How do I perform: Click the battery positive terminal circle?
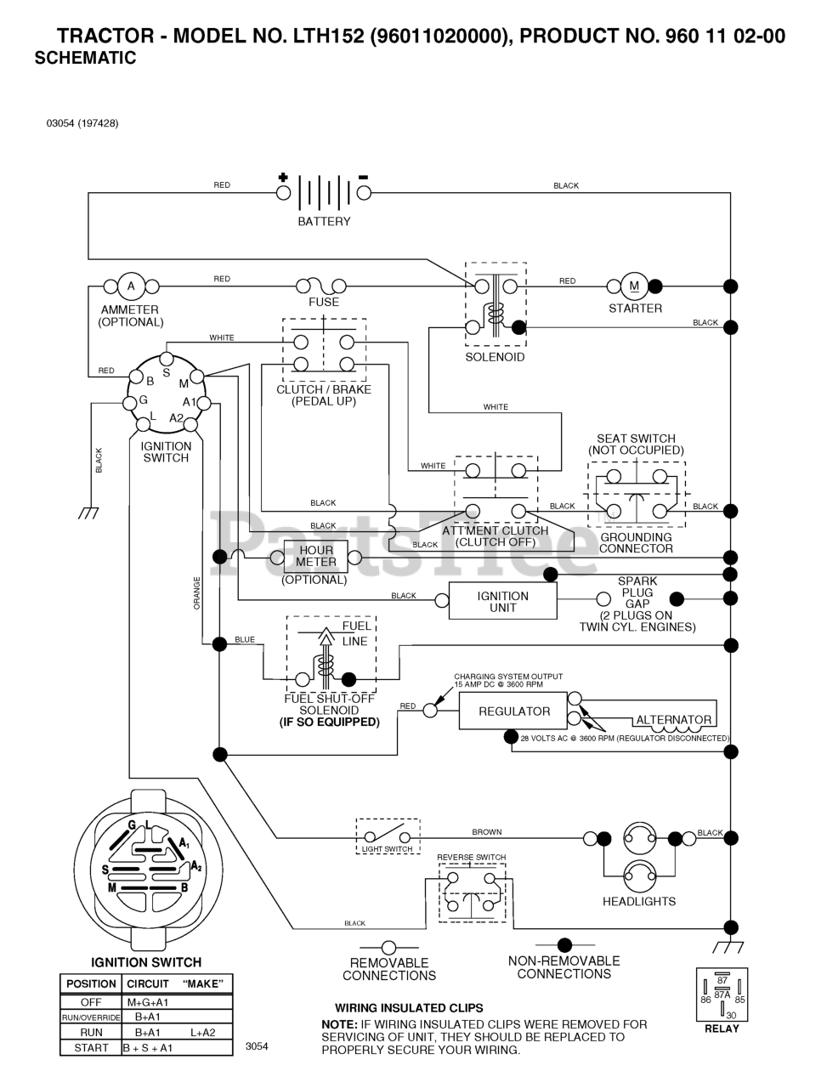(283, 193)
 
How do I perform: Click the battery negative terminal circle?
(364, 193)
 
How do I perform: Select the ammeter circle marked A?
(131, 286)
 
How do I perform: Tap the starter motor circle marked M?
(634, 286)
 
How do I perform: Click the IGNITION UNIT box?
(503, 601)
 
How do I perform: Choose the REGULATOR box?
(513, 711)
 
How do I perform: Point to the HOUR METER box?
(316, 557)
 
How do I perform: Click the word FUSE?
(324, 302)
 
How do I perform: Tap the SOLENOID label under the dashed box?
(495, 357)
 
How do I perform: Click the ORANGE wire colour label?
(196, 592)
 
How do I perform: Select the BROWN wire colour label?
(486, 832)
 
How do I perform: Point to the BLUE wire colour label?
(245, 639)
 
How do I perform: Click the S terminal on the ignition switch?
(167, 359)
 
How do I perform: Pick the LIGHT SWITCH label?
(387, 849)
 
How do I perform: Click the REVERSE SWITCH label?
(471, 857)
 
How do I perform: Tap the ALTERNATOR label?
(674, 720)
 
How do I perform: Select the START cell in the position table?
(91, 1048)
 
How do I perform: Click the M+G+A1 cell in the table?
(148, 1002)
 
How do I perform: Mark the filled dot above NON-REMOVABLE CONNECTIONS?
(564, 945)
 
